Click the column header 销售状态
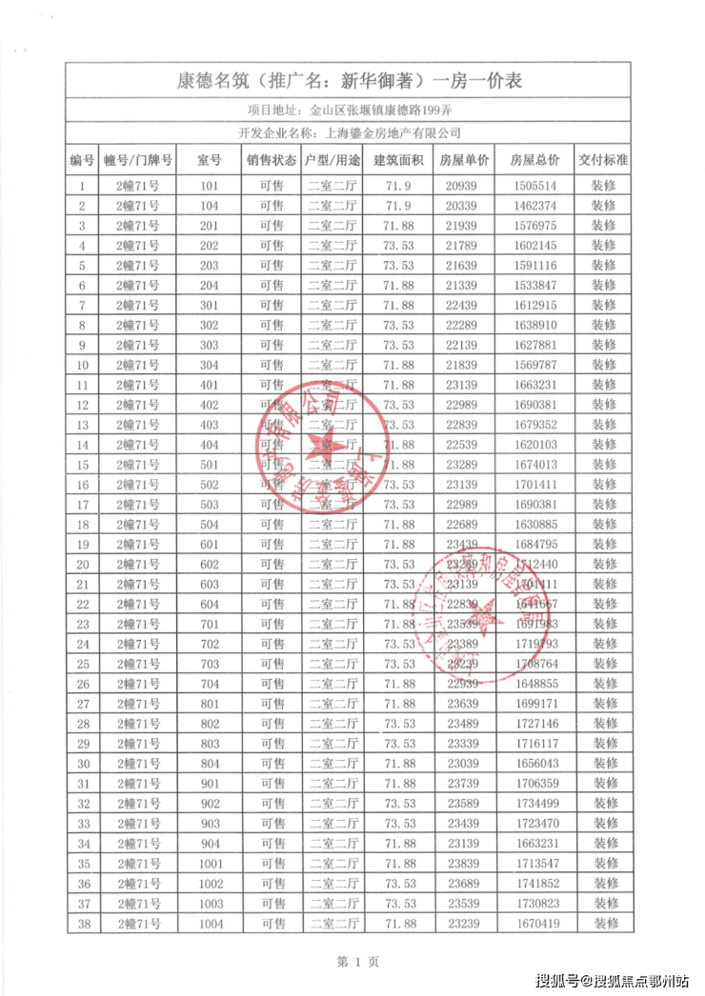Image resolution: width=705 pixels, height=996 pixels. click(271, 160)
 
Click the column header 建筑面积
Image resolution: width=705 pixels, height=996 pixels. click(397, 160)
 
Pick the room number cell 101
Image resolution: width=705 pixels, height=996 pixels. click(210, 186)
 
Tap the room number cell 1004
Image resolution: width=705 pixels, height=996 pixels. click(210, 923)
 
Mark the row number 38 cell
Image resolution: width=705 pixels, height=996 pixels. click(83, 923)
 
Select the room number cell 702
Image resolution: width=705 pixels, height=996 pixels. click(210, 644)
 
